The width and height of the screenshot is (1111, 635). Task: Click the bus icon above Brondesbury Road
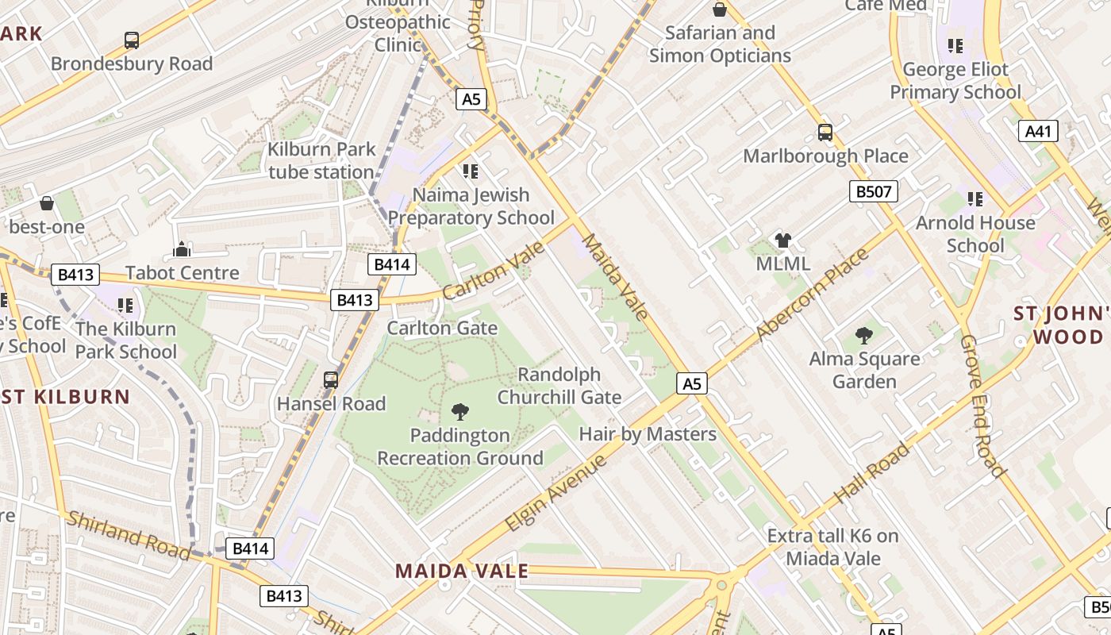coord(132,40)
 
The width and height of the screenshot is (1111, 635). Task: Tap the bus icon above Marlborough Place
coord(825,133)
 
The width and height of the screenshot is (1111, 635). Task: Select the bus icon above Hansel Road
coord(331,380)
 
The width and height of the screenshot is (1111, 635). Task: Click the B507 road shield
coord(873,191)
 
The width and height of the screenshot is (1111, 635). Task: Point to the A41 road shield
coord(1038,131)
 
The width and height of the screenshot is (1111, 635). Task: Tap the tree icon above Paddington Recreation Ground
coord(459,411)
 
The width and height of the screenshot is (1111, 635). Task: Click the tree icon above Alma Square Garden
coord(864,336)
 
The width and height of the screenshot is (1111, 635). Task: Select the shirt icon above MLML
coord(782,241)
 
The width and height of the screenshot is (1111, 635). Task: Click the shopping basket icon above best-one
coord(47,203)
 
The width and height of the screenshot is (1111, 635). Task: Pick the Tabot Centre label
coord(182,273)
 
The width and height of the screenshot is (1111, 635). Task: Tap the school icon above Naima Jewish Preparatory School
coord(471,171)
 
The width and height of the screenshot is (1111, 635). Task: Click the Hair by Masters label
coord(648,434)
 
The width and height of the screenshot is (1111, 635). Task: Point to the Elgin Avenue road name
coord(555,493)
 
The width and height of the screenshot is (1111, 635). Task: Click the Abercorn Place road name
coord(813,295)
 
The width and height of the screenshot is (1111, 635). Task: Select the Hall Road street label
coord(871,474)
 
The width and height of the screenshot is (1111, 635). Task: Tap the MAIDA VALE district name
coord(461,571)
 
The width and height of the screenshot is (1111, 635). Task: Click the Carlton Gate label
coord(442,328)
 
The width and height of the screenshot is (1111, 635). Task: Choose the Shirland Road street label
coord(128,535)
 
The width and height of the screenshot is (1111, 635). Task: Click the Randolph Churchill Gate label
coord(559,386)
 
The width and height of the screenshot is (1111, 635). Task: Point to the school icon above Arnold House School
coord(975,199)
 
